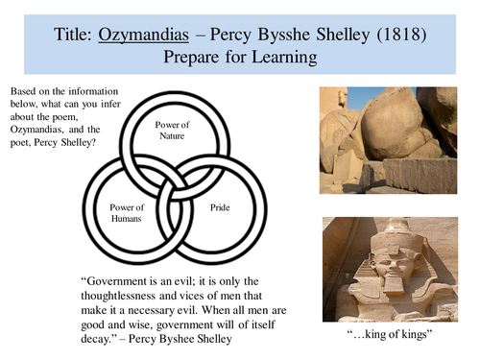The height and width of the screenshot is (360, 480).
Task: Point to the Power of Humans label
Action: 128,212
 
